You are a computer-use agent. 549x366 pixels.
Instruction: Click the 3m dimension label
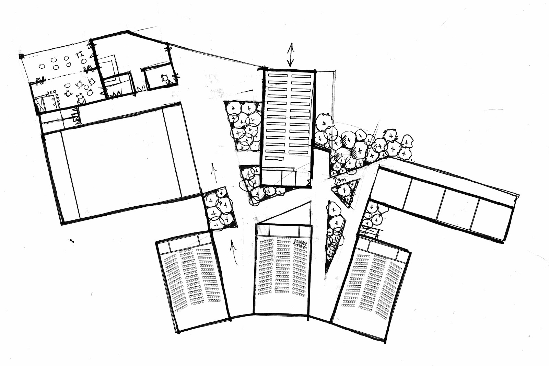(341, 180)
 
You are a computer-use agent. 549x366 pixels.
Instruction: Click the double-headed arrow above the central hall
(291, 54)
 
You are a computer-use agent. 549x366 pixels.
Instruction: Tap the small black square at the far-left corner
(21, 56)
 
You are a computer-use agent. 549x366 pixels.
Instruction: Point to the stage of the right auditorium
(383, 248)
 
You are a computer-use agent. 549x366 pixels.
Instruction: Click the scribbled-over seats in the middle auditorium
(300, 244)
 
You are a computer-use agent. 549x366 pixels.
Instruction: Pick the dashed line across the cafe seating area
(62, 76)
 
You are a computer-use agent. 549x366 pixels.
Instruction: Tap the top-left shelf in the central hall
(277, 75)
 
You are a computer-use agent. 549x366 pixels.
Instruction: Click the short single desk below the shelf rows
(275, 158)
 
